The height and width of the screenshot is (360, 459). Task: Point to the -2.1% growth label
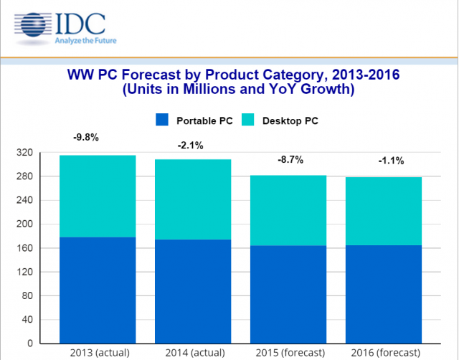click(190, 146)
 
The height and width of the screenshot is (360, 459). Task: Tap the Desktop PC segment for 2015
click(287, 210)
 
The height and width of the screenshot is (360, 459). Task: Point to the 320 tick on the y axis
click(27, 153)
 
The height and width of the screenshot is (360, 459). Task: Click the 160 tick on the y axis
click(27, 248)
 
